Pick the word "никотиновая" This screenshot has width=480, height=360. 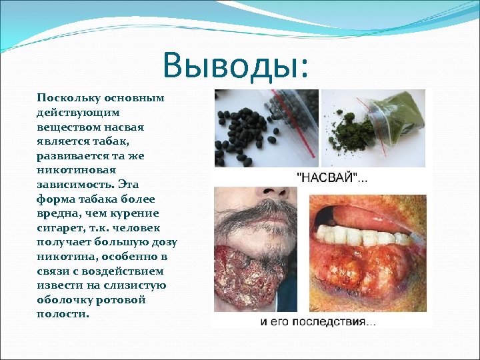coord(71,169)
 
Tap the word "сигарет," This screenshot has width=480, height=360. coord(60,227)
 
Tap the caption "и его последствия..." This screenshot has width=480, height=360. coord(318,322)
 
